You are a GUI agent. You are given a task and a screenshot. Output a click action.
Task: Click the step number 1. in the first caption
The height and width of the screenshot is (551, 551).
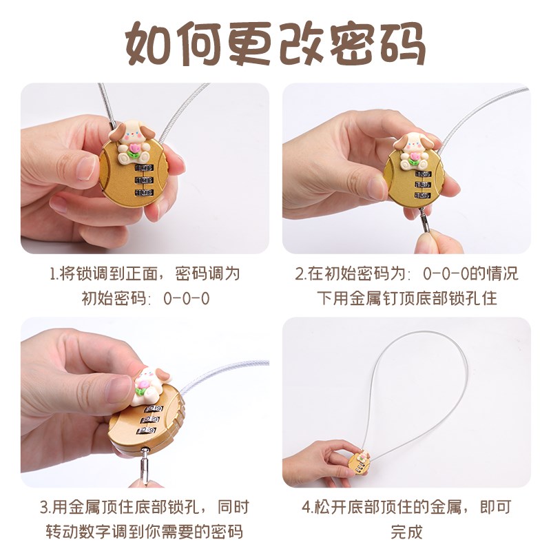[x=55, y=273]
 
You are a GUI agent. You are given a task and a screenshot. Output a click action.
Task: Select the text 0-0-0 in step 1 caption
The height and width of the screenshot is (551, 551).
[x=187, y=299]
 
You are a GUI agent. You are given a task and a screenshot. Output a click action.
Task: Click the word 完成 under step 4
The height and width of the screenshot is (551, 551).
[x=406, y=532]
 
